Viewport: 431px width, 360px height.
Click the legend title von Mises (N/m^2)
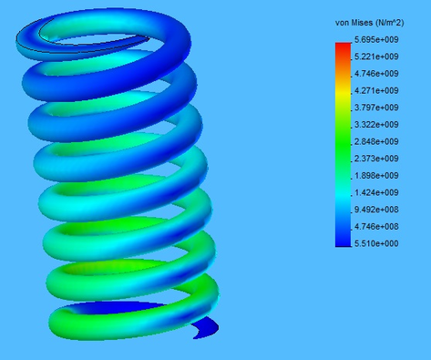coord(370,23)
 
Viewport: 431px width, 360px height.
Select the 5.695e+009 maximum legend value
coord(376,40)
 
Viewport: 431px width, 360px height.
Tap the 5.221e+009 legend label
coord(376,57)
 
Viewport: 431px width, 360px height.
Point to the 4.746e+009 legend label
coord(376,74)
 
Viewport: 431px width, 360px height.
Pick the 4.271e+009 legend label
coord(376,91)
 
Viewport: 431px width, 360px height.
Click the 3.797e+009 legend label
coord(376,108)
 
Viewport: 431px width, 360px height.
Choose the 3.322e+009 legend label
coord(376,125)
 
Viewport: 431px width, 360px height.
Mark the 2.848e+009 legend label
coord(376,142)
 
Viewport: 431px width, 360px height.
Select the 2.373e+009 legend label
coord(376,159)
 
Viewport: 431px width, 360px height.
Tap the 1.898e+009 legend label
coord(376,176)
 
